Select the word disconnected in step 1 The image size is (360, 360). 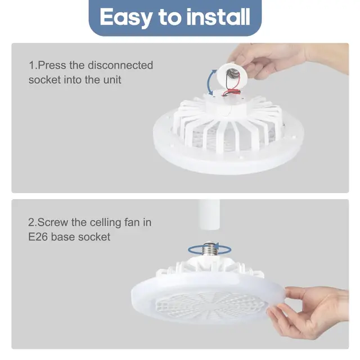coord(120,65)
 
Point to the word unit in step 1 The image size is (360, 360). coord(110,79)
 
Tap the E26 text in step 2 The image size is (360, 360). coord(38,237)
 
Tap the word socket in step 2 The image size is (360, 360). coord(92,237)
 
